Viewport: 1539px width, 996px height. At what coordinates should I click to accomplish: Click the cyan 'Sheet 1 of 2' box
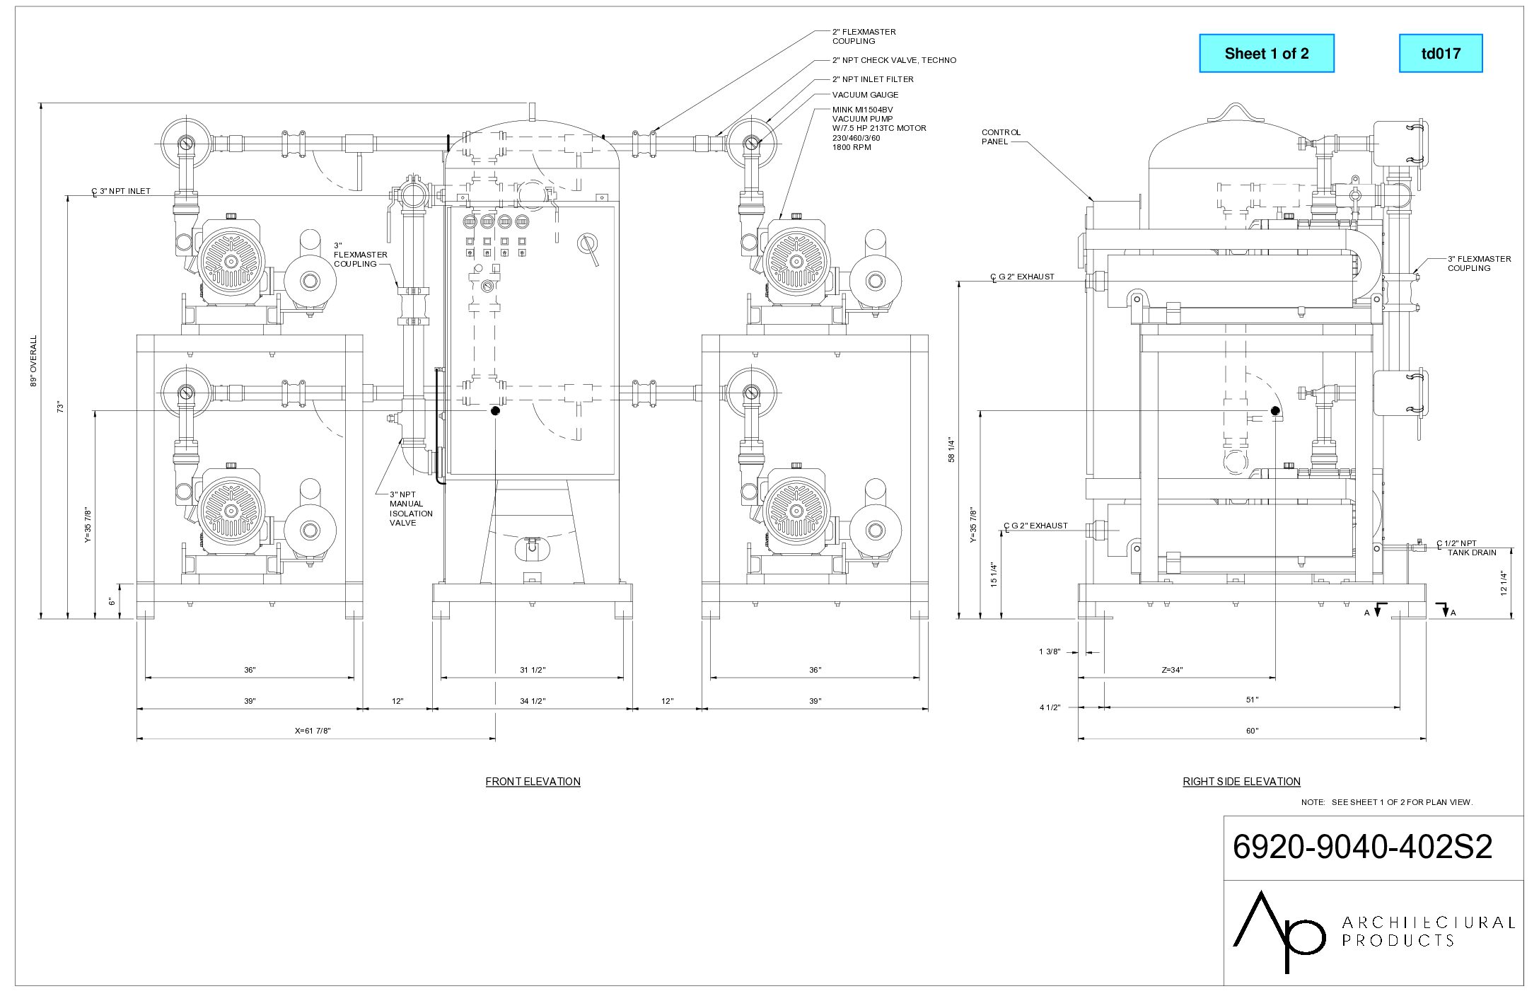tap(1266, 53)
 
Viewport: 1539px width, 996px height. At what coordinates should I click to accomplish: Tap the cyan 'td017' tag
tap(1441, 53)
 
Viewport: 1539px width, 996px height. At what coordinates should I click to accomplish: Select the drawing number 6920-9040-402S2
tap(1362, 847)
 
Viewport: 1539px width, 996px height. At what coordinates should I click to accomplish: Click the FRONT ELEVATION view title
tap(533, 782)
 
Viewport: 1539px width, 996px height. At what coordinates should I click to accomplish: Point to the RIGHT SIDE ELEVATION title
tap(1241, 782)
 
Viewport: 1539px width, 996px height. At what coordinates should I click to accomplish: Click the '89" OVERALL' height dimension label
tap(33, 361)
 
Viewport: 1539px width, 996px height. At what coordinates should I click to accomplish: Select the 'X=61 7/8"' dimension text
tap(313, 731)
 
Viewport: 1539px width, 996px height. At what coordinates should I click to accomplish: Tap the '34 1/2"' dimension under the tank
tap(533, 701)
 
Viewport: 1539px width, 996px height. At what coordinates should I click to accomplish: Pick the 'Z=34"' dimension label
tap(1172, 670)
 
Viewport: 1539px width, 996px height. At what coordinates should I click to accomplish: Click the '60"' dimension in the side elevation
tap(1252, 731)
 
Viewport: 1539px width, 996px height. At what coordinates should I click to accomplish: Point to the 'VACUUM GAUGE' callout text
tap(865, 95)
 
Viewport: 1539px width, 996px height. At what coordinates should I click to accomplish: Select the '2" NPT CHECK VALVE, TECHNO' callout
tap(894, 60)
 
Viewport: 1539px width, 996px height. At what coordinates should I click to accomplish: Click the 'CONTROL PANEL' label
tap(1001, 137)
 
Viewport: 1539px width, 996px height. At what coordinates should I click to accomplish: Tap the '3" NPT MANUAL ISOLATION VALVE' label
tap(410, 509)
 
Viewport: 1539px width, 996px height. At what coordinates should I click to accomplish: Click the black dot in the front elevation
tap(495, 410)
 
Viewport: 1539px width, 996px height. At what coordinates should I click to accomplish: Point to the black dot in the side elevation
tap(1275, 410)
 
